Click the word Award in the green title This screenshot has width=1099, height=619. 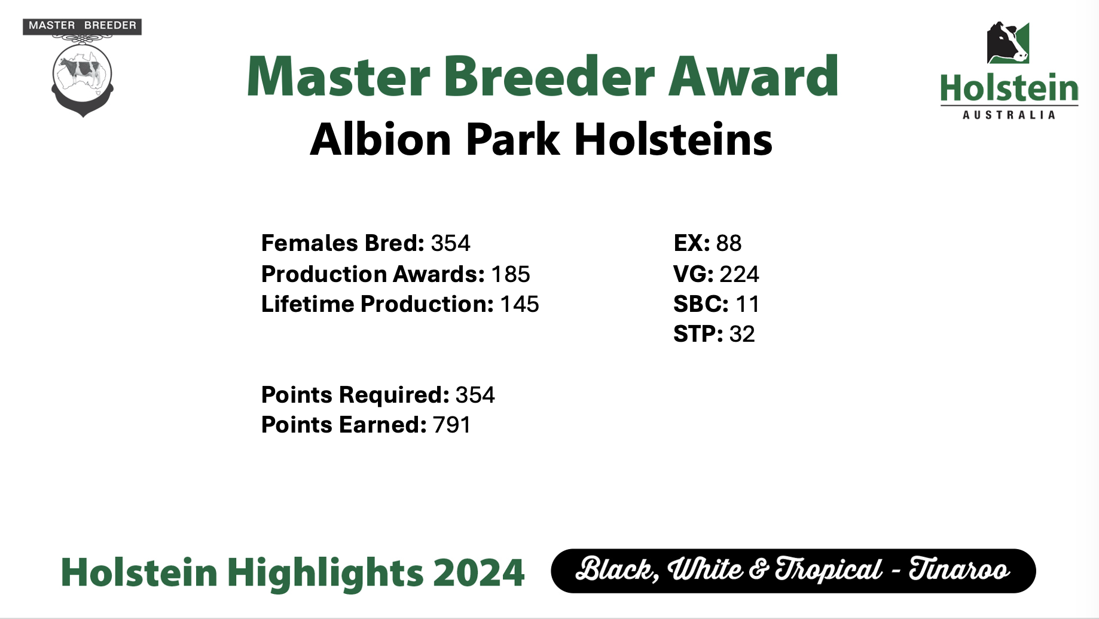(753, 76)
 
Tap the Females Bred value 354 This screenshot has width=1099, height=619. (450, 243)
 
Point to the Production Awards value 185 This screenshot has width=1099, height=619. (510, 274)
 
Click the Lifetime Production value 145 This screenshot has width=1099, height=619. (519, 304)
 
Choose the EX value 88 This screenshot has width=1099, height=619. (728, 243)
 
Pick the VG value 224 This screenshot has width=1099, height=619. (739, 274)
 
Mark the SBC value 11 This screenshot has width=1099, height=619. (747, 304)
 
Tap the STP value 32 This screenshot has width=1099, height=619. (742, 334)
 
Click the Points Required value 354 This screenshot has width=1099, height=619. (475, 395)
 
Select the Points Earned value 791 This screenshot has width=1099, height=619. (451, 425)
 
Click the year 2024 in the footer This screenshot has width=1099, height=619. (478, 572)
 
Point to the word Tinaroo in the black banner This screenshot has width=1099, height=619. (959, 569)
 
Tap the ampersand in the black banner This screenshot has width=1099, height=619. (758, 569)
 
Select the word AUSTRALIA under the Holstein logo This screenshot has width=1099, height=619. (1009, 115)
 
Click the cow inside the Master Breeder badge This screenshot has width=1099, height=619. (82, 70)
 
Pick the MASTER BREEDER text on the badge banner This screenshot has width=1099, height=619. (83, 26)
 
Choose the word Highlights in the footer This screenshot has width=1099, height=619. (325, 572)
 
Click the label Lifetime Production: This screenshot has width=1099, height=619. (377, 304)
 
